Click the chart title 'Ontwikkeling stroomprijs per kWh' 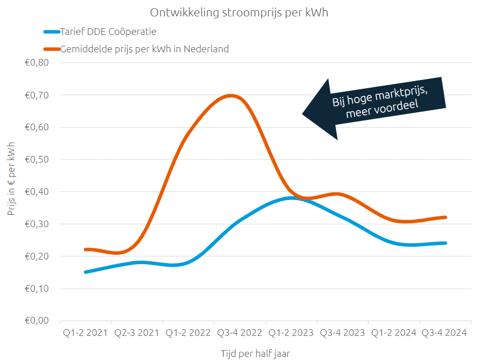tap(239, 13)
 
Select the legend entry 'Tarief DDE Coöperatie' tap(108, 32)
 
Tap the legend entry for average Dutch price tap(144, 49)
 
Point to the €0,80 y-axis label tap(36, 63)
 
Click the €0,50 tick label tap(36, 159)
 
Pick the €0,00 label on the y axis tap(36, 321)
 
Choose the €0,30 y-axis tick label tap(36, 224)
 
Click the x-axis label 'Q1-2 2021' tap(86, 333)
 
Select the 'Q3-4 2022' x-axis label tap(240, 333)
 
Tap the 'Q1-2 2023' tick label tap(291, 333)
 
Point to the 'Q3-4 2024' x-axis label tap(444, 333)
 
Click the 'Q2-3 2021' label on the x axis tap(136, 333)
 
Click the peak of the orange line tap(231, 95)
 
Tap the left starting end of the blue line tap(86, 272)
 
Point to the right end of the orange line tap(445, 217)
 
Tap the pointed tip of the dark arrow tap(302, 114)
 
